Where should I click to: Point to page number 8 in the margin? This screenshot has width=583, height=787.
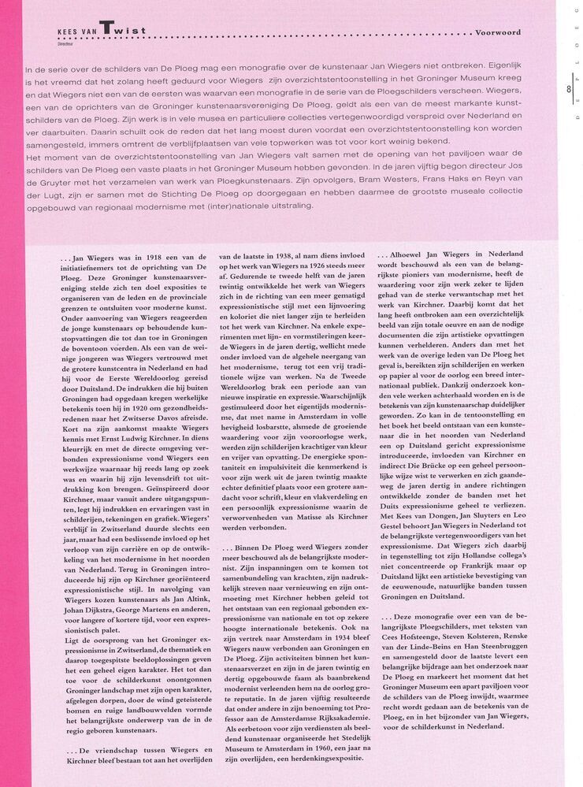(x=567, y=90)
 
